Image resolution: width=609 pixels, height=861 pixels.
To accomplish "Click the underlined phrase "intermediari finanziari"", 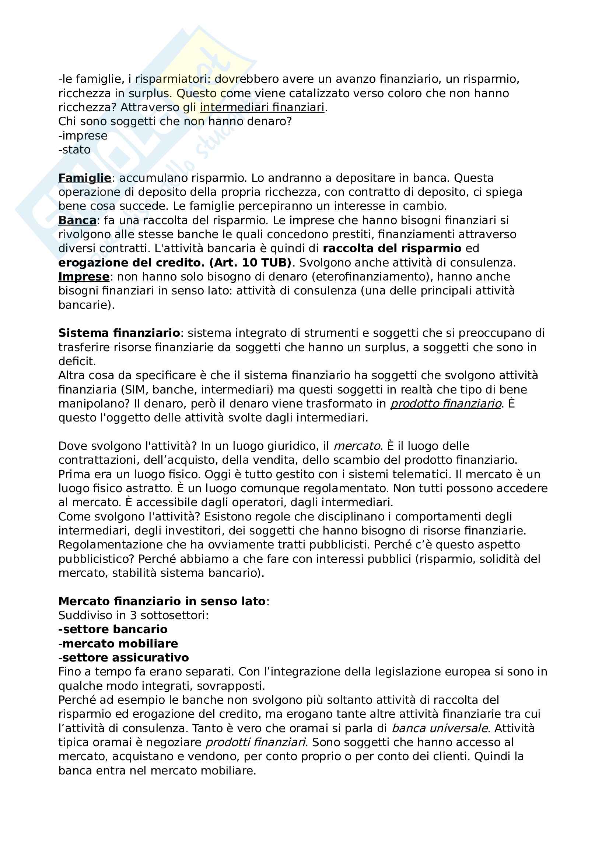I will click(262, 107).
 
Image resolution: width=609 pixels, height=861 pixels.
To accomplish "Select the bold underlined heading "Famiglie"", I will click(85, 178).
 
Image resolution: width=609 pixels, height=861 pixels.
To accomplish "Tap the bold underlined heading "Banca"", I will click(77, 220).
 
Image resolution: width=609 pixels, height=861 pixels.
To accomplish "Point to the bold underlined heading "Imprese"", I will click(84, 277).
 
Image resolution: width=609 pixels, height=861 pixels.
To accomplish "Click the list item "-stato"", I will click(74, 150).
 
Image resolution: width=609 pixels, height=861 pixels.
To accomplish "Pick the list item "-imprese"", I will click(83, 136).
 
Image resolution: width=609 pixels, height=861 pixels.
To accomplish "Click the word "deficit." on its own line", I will click(77, 361).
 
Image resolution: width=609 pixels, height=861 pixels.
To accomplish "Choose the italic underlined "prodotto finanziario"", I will click(446, 404).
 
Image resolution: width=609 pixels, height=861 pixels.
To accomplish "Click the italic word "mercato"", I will click(357, 446).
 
